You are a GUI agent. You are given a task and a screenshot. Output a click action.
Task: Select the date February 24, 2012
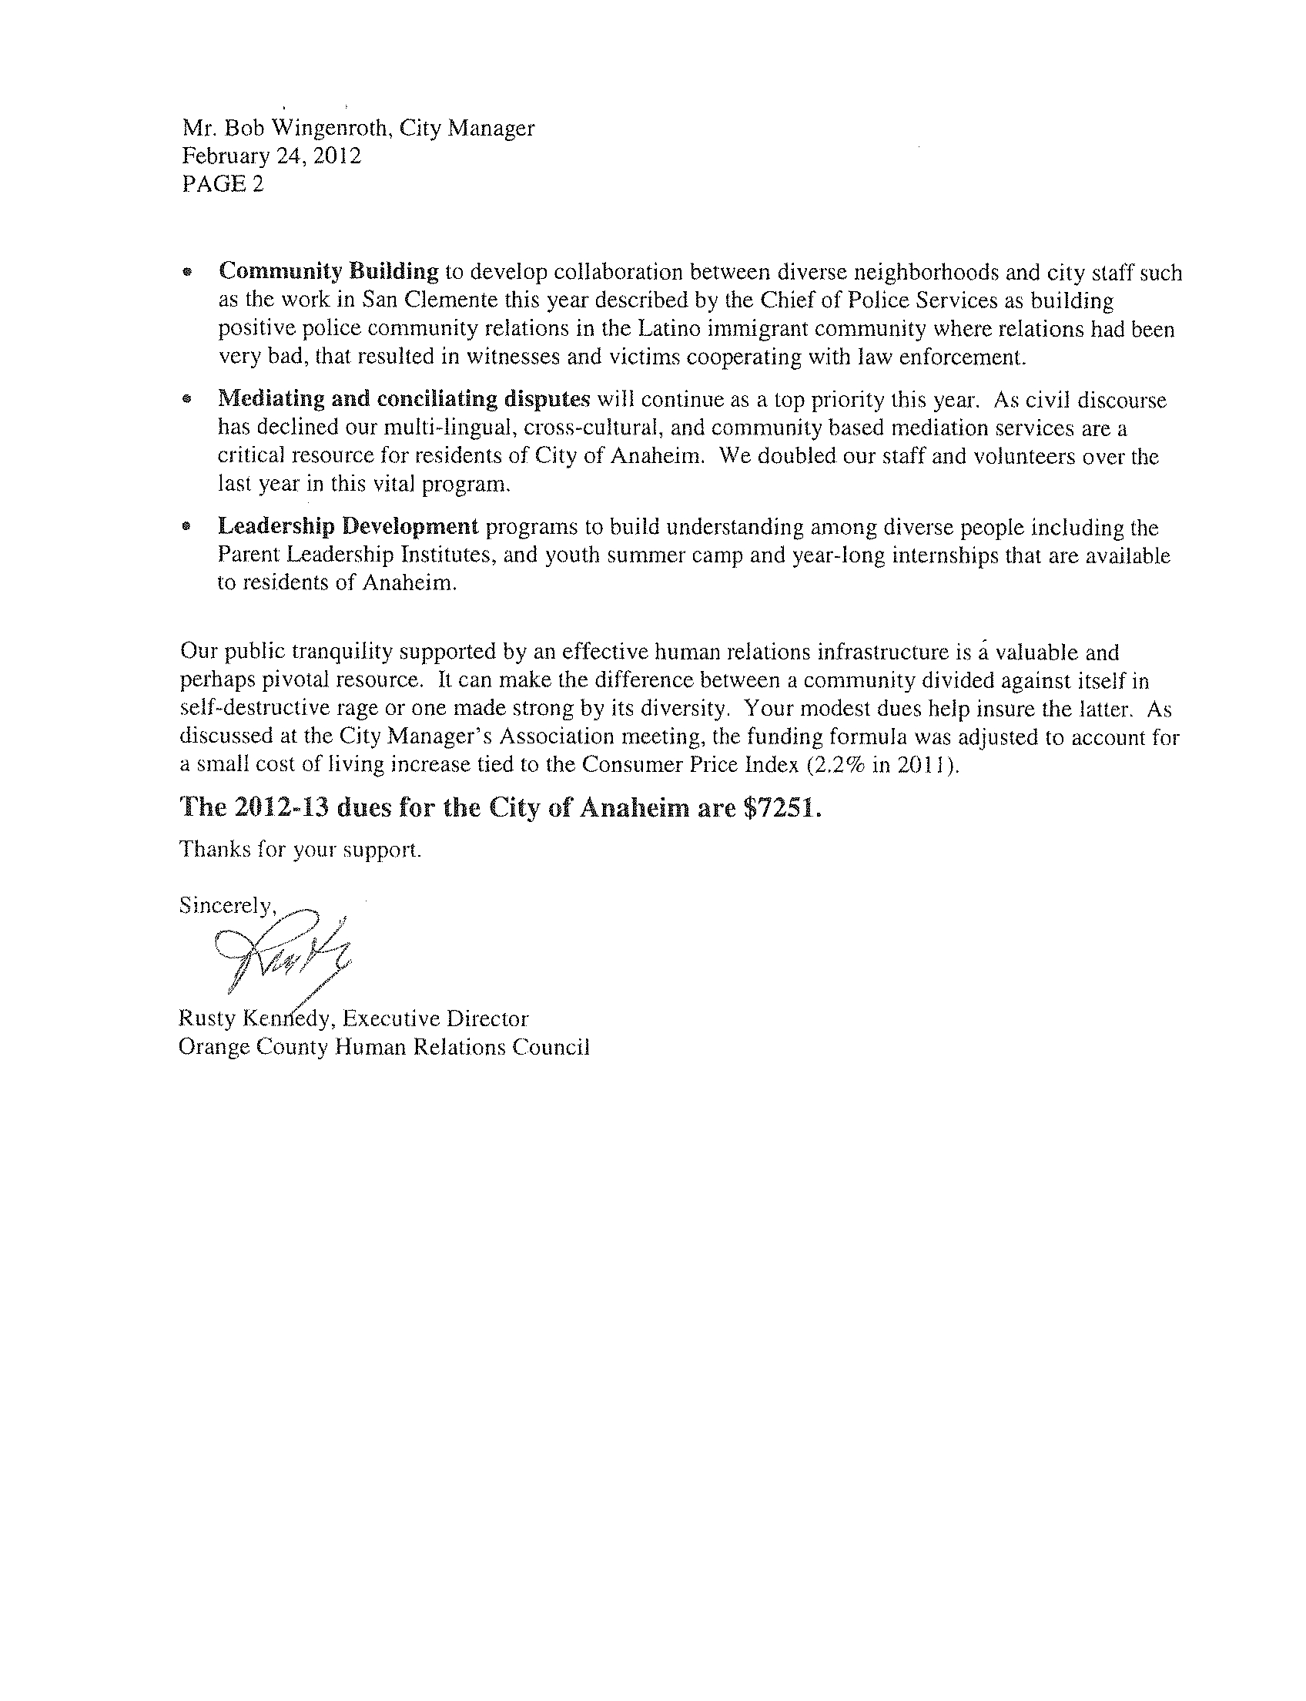pyautogui.click(x=271, y=156)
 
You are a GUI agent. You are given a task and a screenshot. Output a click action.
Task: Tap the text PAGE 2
pyautogui.click(x=223, y=184)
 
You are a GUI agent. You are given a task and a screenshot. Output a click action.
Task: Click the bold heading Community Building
pyautogui.click(x=329, y=271)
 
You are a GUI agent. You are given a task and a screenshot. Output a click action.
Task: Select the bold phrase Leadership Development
pyautogui.click(x=347, y=527)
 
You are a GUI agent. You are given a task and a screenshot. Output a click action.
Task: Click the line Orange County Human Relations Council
pyautogui.click(x=384, y=1047)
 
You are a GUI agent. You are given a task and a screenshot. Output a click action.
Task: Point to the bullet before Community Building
pyautogui.click(x=186, y=273)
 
